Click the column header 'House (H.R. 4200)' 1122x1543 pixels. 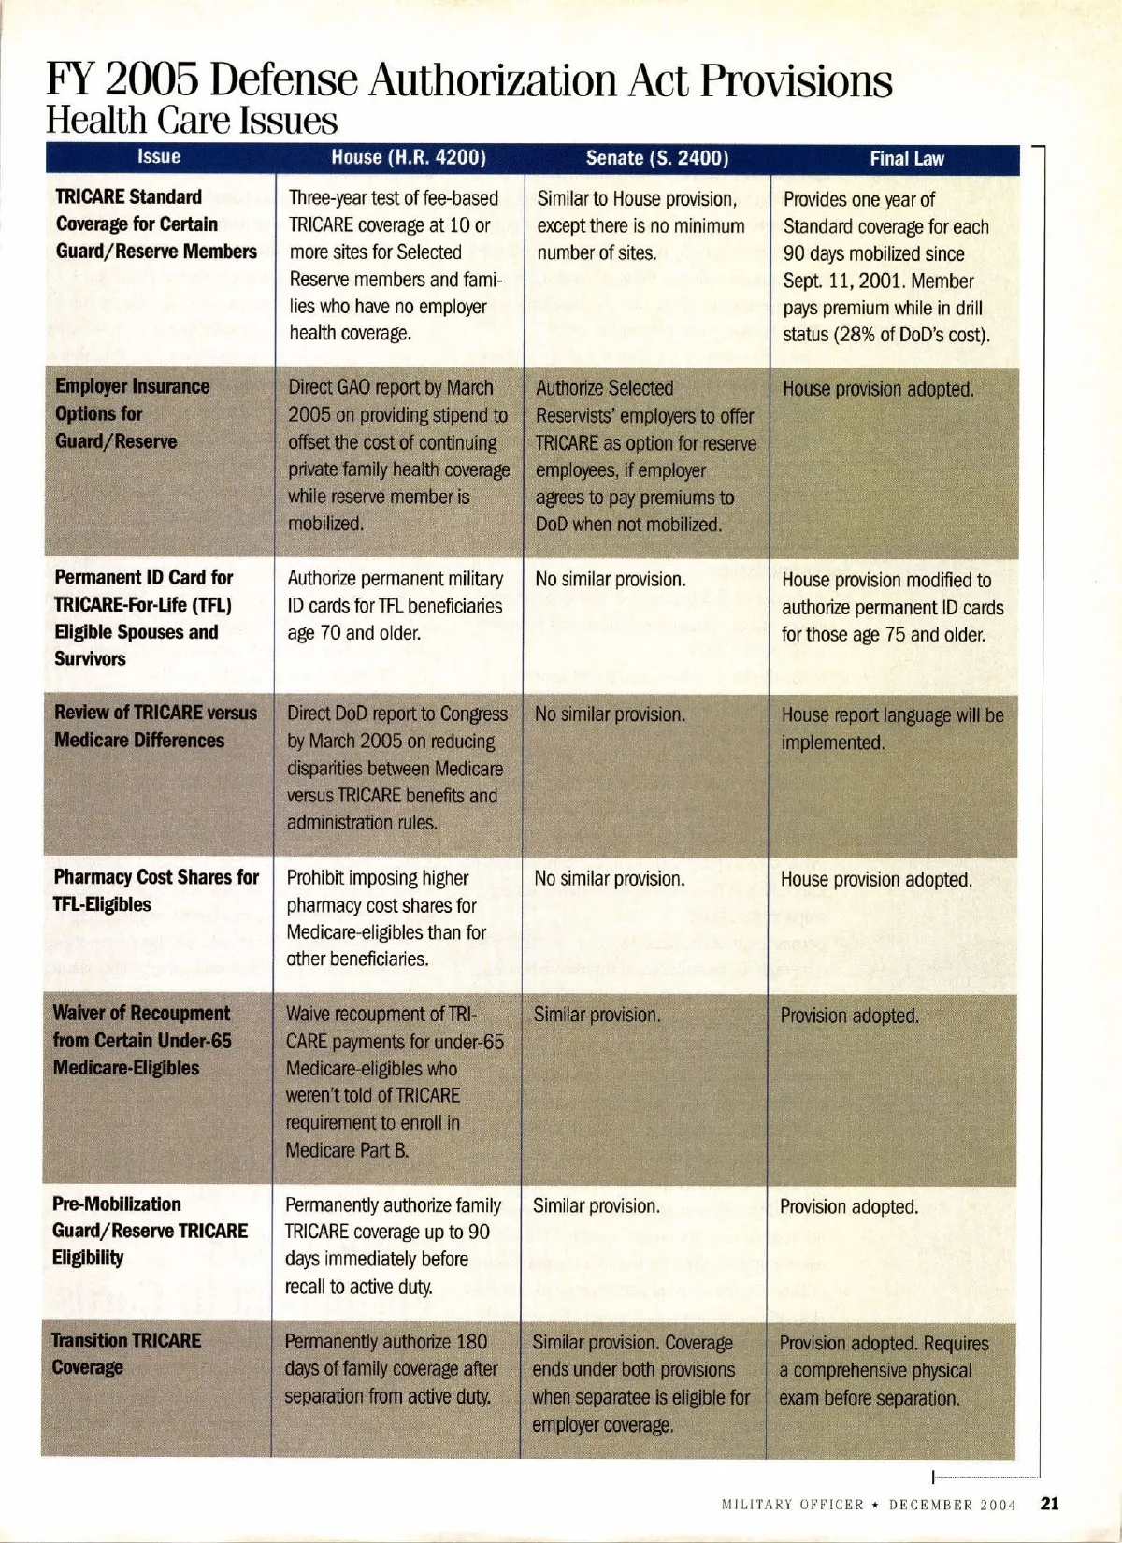409,157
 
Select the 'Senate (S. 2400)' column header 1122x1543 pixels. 656,158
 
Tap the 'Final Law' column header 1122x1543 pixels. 907,159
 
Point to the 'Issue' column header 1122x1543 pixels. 159,156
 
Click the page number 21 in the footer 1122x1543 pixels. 1049,1504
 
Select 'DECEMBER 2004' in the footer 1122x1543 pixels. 952,1505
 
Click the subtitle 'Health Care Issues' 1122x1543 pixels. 192,121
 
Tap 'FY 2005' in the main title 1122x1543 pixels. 122,82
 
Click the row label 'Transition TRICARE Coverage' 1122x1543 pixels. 126,1353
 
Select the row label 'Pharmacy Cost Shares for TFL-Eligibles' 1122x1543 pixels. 155,890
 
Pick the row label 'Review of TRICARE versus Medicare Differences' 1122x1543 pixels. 154,726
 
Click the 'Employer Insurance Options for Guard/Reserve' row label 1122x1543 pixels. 132,413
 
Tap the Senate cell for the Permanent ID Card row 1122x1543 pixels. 610,579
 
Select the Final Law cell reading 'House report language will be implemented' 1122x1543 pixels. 892,728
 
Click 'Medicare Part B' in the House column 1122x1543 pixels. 347,1149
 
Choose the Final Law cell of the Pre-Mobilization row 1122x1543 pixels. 849,1206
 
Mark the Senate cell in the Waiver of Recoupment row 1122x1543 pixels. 597,1015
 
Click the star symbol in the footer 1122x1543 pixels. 876,1505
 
